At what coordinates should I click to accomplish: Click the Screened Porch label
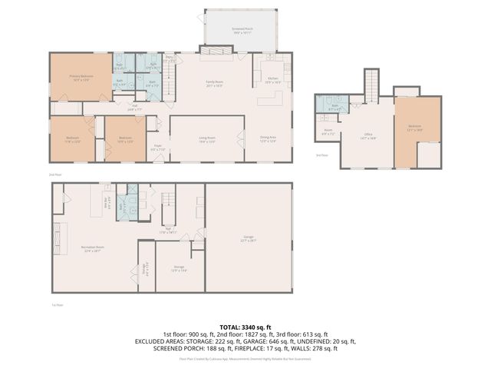point(242,31)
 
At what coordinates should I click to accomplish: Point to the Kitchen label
point(272,79)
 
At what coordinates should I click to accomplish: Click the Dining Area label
point(268,139)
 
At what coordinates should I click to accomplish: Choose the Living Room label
point(207,139)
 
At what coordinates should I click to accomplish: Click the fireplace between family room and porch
point(216,52)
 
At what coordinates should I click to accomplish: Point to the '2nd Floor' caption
point(54,175)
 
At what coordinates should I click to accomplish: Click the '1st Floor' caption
point(56,305)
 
